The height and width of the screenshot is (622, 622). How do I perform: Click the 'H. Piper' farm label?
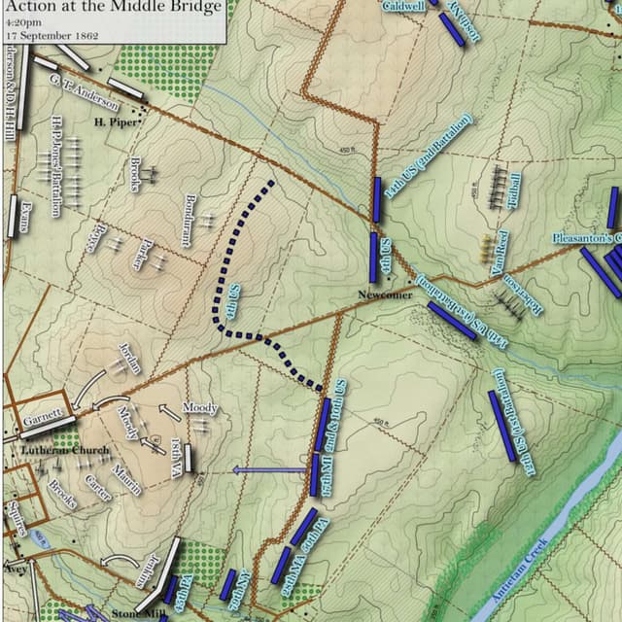[x=114, y=122]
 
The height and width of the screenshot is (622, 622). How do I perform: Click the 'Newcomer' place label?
[x=384, y=294]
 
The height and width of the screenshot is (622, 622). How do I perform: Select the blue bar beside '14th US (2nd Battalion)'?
[x=377, y=199]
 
